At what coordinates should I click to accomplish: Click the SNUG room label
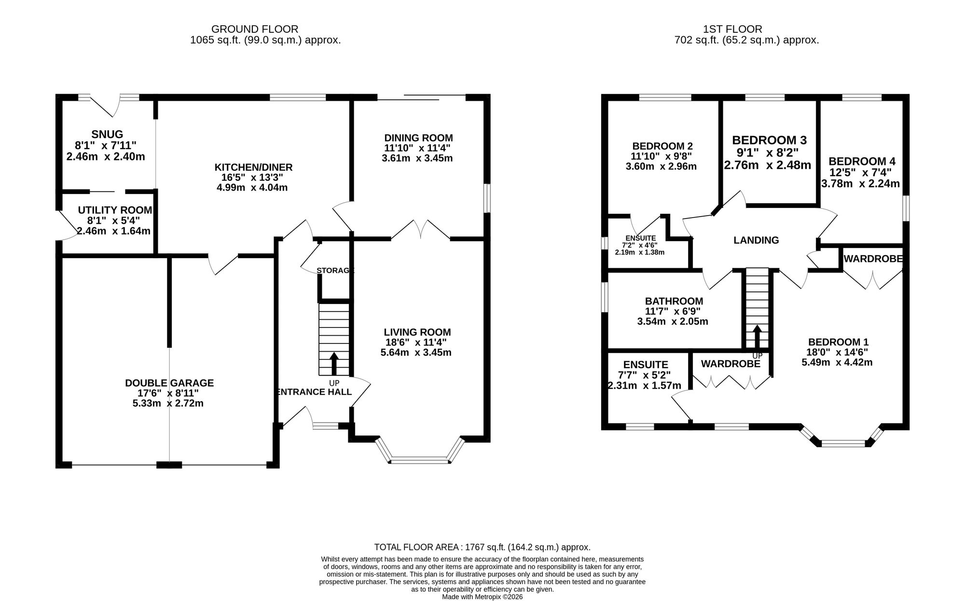click(107, 134)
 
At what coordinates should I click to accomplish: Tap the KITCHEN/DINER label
click(253, 167)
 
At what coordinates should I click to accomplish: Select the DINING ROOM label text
click(418, 138)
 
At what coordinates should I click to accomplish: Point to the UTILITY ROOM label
click(115, 210)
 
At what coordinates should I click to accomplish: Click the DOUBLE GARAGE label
click(169, 383)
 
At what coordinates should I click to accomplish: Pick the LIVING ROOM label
click(417, 332)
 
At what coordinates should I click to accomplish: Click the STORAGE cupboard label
click(335, 271)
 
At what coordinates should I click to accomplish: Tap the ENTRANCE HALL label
click(314, 392)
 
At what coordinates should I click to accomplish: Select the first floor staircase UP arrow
click(758, 336)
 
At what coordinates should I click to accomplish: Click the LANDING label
click(756, 240)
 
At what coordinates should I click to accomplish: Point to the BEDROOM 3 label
click(769, 140)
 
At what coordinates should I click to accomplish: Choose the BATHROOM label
click(674, 301)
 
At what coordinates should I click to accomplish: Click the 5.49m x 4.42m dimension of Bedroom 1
click(837, 362)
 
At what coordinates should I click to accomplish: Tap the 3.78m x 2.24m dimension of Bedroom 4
click(860, 184)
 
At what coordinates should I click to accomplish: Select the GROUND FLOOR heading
click(255, 29)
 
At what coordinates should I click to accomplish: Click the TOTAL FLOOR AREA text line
click(482, 547)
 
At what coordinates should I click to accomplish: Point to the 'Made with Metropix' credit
click(482, 597)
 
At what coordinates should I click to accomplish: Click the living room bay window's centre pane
click(420, 460)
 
